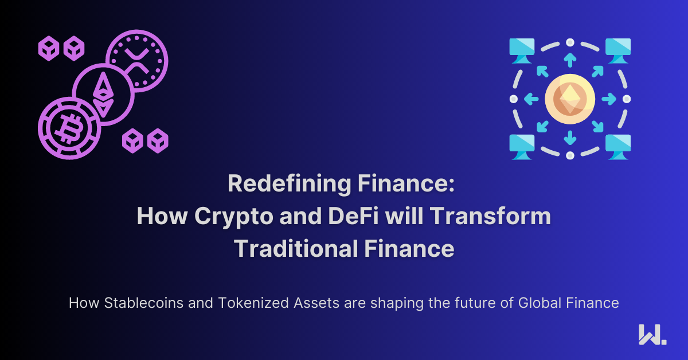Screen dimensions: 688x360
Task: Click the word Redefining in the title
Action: coord(289,183)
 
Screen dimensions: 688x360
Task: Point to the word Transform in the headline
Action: coord(490,216)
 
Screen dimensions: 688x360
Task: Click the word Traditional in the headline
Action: coord(296,248)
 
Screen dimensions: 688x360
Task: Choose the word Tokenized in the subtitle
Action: coord(253,303)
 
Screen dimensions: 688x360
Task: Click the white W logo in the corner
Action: coord(652,335)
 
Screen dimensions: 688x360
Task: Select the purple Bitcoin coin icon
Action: coord(69,128)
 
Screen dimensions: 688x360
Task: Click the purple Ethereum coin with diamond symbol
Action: coord(104,95)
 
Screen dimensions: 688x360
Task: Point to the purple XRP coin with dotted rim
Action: coord(137,61)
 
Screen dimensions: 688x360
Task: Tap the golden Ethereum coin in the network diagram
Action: coord(570,99)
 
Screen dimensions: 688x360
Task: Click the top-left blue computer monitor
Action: coord(522,50)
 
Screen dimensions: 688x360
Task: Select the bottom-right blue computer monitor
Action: coord(618,147)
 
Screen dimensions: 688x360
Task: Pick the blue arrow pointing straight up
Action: coord(570,60)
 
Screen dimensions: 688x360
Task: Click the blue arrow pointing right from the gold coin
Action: coord(609,99)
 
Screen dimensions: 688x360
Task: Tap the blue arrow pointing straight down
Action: coord(570,138)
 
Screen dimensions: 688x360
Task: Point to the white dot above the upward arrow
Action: coord(570,42)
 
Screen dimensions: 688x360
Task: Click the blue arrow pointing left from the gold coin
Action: coord(531,99)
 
